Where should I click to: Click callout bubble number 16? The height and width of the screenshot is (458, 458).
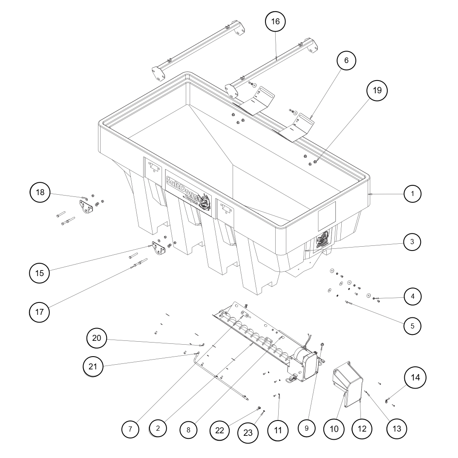[276, 22]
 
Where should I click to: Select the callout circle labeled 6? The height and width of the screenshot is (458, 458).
[346, 60]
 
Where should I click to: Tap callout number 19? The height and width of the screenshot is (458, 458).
[377, 90]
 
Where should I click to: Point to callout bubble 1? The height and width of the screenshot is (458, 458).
[412, 194]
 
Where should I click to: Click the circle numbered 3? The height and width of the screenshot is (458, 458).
[412, 242]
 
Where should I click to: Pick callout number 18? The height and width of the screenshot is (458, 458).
[40, 193]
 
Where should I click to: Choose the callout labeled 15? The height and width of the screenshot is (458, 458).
[40, 273]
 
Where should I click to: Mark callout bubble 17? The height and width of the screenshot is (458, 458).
[40, 312]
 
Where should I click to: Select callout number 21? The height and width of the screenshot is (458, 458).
[93, 366]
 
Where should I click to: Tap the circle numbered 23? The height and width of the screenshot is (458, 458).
[248, 432]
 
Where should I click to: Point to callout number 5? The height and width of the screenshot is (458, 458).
[412, 326]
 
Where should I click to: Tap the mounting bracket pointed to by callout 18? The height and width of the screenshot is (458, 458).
[87, 206]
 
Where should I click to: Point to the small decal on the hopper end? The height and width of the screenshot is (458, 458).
[323, 241]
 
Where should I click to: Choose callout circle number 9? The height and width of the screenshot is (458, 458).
[306, 428]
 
